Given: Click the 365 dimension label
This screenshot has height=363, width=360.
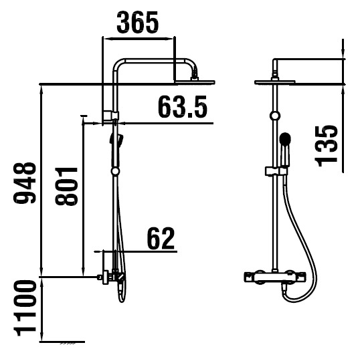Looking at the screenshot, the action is pos(138,22).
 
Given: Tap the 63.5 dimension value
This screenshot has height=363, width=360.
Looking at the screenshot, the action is pos(182,107).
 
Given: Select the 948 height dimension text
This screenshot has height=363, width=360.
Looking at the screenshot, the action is pos(25,183).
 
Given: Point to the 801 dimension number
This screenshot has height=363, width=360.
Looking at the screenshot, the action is pos(66,186).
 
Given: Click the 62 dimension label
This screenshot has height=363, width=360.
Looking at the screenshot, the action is pos(161,238).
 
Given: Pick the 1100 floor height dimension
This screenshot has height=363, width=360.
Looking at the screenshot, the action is pos(25,308).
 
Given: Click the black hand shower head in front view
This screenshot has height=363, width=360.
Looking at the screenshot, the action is pos(284,138).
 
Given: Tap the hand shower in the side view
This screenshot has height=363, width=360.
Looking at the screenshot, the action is pos(116,149).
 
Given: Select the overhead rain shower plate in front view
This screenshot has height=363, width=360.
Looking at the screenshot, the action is pos(275,82).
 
